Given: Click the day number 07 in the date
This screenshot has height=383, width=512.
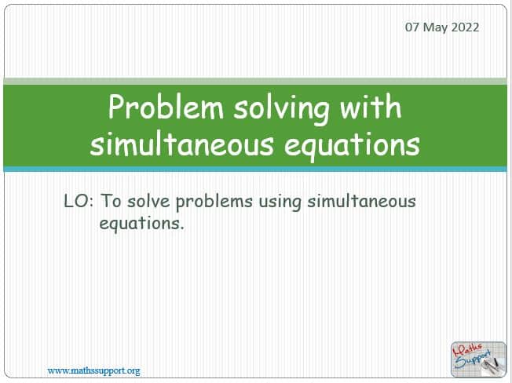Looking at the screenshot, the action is [412, 27].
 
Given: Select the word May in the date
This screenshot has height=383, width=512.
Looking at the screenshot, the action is [435, 27].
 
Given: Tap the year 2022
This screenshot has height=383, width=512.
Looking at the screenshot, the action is [465, 27].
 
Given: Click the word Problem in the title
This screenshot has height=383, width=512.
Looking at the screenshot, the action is [166, 107].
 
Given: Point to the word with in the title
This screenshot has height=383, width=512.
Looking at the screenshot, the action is [371, 106].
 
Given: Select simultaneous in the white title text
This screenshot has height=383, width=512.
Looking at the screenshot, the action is [181, 144].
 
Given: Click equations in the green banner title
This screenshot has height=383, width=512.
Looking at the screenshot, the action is [352, 146].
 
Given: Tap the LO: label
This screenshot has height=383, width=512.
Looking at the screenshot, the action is [79, 201].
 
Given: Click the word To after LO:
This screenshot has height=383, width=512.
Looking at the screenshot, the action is [111, 201].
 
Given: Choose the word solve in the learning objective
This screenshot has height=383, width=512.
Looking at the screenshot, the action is [148, 201].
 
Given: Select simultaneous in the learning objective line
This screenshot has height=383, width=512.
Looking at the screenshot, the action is [361, 201].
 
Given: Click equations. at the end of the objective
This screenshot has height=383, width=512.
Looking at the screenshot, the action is [142, 224].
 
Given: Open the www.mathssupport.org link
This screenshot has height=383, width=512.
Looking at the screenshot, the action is [93, 371].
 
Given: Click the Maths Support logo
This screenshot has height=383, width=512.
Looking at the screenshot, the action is [478, 359].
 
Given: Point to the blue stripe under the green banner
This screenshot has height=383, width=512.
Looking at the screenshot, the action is [255, 169].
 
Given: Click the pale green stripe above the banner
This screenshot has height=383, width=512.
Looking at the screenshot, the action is [255, 82].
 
